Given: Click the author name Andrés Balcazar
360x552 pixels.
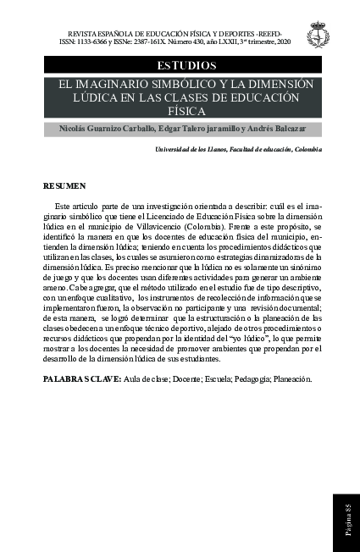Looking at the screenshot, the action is [276, 129].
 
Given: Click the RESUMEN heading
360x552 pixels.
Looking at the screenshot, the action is [64, 185].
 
